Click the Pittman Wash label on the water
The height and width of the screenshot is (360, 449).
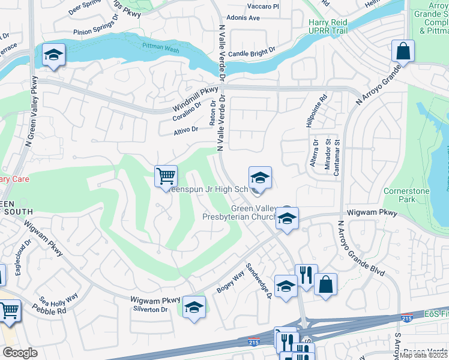click(157, 46)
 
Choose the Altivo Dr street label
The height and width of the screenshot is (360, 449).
click(185, 130)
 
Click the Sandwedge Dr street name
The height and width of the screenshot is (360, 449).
click(259, 281)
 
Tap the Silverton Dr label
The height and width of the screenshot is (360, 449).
click(150, 309)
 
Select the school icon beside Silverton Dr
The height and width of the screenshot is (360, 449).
click(194, 307)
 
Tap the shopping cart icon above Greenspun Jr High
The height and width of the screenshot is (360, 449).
click(166, 176)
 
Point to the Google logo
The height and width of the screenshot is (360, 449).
click(19, 353)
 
